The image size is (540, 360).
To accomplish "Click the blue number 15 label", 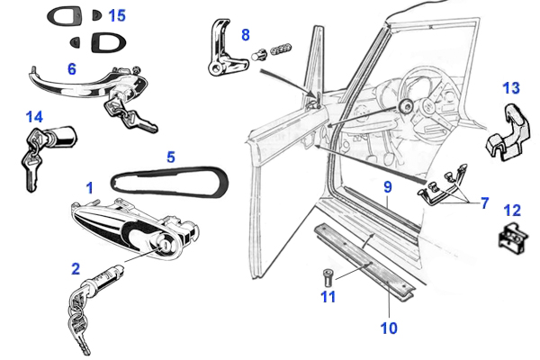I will coord(117,15).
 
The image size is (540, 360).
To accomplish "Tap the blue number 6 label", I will coord(72,67).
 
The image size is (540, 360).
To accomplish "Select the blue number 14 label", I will coord(34,116).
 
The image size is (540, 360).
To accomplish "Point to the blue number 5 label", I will coord(170,156).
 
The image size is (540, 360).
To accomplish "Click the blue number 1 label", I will coord(89,187).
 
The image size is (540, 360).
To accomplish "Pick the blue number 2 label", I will coord(76,268).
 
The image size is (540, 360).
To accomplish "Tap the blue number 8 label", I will coord(245,35).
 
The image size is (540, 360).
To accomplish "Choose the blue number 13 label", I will coord(511,88).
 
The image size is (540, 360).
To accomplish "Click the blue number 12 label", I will coord(511,211).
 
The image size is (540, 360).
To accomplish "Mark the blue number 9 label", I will coord(387,187).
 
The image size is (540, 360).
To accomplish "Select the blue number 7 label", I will coord(484,203).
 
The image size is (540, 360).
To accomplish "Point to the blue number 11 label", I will coord(328,296).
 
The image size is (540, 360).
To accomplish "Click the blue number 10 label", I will coord(388,328).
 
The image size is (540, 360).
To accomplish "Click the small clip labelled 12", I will coord(510,237).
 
